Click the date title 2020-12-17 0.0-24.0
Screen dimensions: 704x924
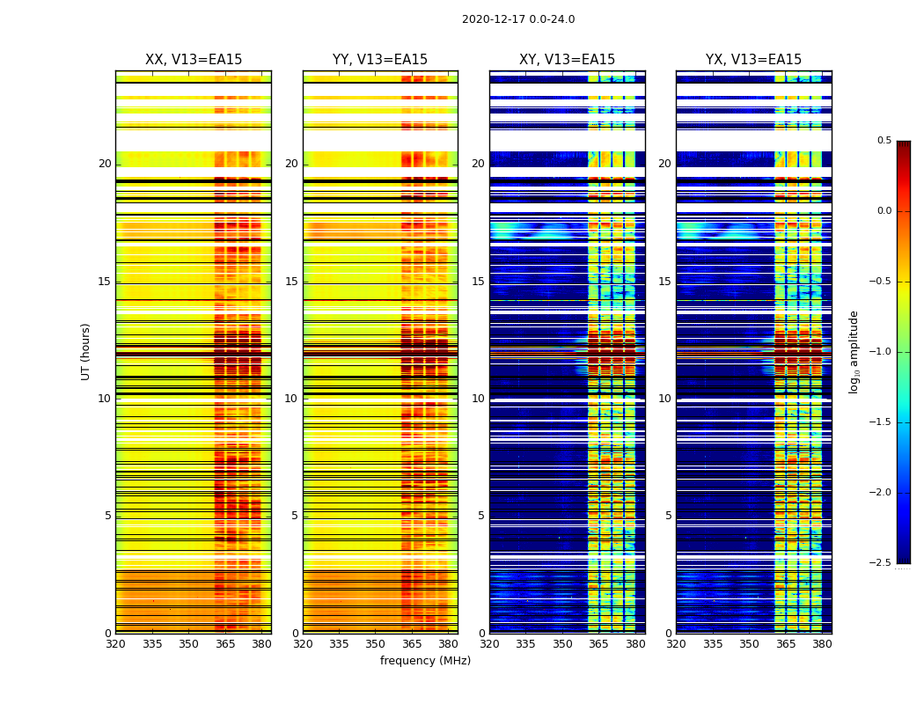pyautogui.click(x=518, y=19)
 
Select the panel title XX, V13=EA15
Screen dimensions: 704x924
pyautogui.click(x=194, y=60)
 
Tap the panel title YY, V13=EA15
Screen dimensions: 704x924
pyautogui.click(x=380, y=60)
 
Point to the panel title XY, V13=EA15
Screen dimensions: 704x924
pyautogui.click(x=567, y=60)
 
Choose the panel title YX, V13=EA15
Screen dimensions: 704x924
pyautogui.click(x=753, y=60)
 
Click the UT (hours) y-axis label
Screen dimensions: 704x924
pyautogui.click(x=86, y=351)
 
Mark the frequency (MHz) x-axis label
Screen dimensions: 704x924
pyautogui.click(x=425, y=661)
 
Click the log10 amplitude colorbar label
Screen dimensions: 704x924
pyautogui.click(x=854, y=351)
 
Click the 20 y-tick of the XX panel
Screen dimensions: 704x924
pyautogui.click(x=106, y=164)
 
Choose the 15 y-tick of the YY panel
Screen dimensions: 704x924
pyautogui.click(x=292, y=282)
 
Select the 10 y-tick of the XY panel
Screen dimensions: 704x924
pyautogui.click(x=479, y=399)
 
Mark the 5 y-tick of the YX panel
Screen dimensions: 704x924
pyautogui.click(x=668, y=516)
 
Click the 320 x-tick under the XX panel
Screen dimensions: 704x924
pyautogui.click(x=115, y=644)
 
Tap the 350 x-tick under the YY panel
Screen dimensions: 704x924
pyautogui.click(x=375, y=644)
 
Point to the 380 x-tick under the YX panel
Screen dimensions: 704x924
pyautogui.click(x=822, y=644)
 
